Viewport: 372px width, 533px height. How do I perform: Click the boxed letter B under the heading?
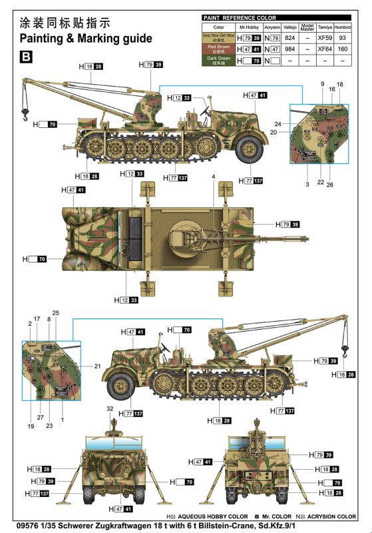(x=26, y=57)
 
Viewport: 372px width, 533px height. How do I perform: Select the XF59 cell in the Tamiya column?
(x=324, y=37)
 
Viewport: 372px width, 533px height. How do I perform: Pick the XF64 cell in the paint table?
(x=324, y=49)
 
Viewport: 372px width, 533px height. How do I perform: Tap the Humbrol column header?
(x=343, y=27)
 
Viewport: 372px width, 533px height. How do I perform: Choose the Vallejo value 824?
(x=289, y=37)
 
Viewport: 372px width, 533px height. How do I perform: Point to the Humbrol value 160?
(x=343, y=49)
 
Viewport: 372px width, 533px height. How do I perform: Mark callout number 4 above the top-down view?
(x=214, y=176)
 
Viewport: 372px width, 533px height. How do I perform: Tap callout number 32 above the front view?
(x=110, y=408)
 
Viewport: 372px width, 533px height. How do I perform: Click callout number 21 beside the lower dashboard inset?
(x=97, y=366)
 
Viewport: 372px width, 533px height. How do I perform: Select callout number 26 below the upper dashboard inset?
(x=329, y=183)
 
